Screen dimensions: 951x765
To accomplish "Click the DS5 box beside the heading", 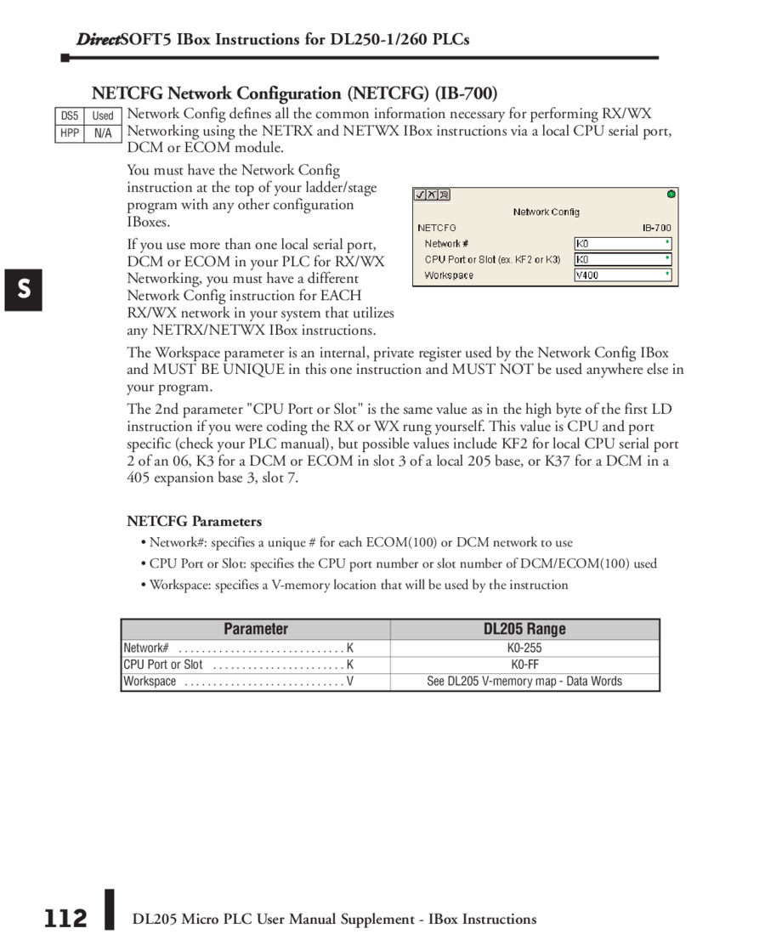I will (x=69, y=116).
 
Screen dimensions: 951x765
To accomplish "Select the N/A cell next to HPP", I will (x=103, y=133).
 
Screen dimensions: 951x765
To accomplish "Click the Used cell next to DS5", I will (x=103, y=116).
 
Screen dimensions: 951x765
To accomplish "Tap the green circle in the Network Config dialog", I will (x=671, y=194).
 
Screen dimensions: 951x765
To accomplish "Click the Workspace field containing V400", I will (x=623, y=275).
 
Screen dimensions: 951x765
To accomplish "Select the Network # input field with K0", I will (x=623, y=244).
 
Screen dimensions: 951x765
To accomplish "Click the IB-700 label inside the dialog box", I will (x=656, y=228).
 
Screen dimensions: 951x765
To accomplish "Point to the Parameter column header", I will (x=256, y=630).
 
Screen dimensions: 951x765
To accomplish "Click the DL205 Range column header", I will (x=524, y=630).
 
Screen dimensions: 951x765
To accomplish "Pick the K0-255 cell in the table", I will (x=524, y=648).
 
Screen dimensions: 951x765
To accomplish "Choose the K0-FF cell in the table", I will (x=524, y=665).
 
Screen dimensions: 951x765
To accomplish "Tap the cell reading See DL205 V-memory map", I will (x=524, y=682).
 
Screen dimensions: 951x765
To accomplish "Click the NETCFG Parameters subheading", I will (x=195, y=521).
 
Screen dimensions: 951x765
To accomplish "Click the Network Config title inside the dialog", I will (x=546, y=212).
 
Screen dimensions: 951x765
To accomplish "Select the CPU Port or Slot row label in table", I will (x=163, y=665).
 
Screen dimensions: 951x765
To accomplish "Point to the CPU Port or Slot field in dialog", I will (x=623, y=259).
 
